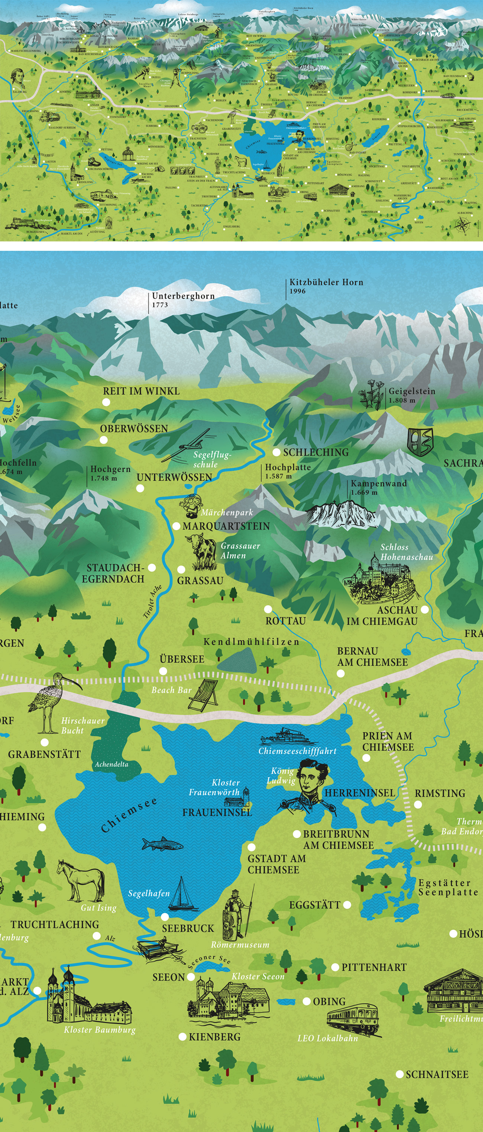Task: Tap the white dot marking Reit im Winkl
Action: (x=106, y=402)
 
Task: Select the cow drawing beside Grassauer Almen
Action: (x=202, y=551)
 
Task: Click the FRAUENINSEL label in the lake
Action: (x=217, y=813)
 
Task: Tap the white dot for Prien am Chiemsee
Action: (x=366, y=758)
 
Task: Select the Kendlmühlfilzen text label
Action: (x=251, y=642)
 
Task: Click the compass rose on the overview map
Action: (x=462, y=224)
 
